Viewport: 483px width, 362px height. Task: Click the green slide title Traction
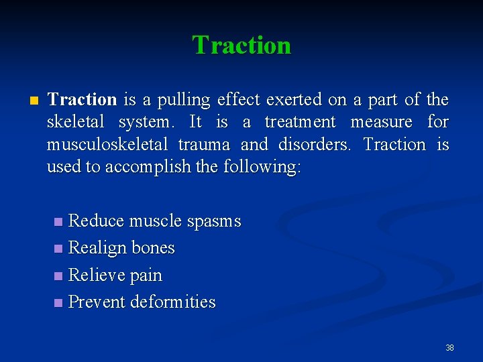(x=241, y=45)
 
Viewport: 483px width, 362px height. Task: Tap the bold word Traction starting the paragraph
(x=82, y=100)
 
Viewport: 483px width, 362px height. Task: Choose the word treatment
(x=300, y=122)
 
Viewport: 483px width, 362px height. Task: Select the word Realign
(x=97, y=249)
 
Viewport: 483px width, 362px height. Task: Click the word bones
(x=153, y=248)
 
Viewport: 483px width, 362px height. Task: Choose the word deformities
(x=173, y=302)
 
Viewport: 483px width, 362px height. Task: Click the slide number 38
(x=449, y=347)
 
